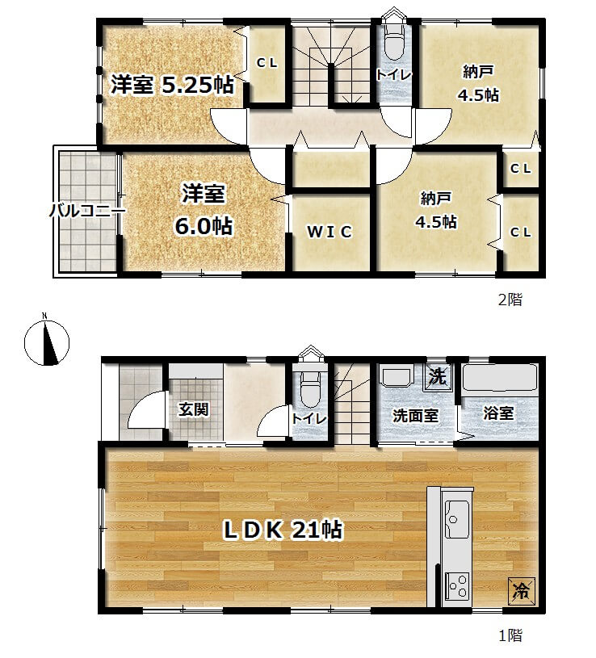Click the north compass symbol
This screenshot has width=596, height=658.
click(x=47, y=342)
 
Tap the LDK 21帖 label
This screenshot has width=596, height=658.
click(x=283, y=530)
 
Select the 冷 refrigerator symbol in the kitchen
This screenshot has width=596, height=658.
click(x=521, y=591)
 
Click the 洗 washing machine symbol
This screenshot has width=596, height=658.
click(x=438, y=376)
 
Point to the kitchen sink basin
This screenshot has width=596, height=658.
click(x=456, y=518)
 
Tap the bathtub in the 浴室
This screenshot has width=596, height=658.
click(x=499, y=378)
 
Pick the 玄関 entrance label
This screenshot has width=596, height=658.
click(x=194, y=409)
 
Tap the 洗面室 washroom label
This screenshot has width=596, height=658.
click(x=416, y=416)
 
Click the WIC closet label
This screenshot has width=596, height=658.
click(x=329, y=232)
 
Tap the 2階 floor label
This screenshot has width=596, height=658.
click(x=510, y=300)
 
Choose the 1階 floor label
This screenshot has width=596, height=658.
click(x=510, y=635)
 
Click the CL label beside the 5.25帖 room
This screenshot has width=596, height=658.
click(x=267, y=63)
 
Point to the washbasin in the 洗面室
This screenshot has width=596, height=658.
click(x=397, y=375)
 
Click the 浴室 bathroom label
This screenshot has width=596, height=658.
click(x=498, y=413)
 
